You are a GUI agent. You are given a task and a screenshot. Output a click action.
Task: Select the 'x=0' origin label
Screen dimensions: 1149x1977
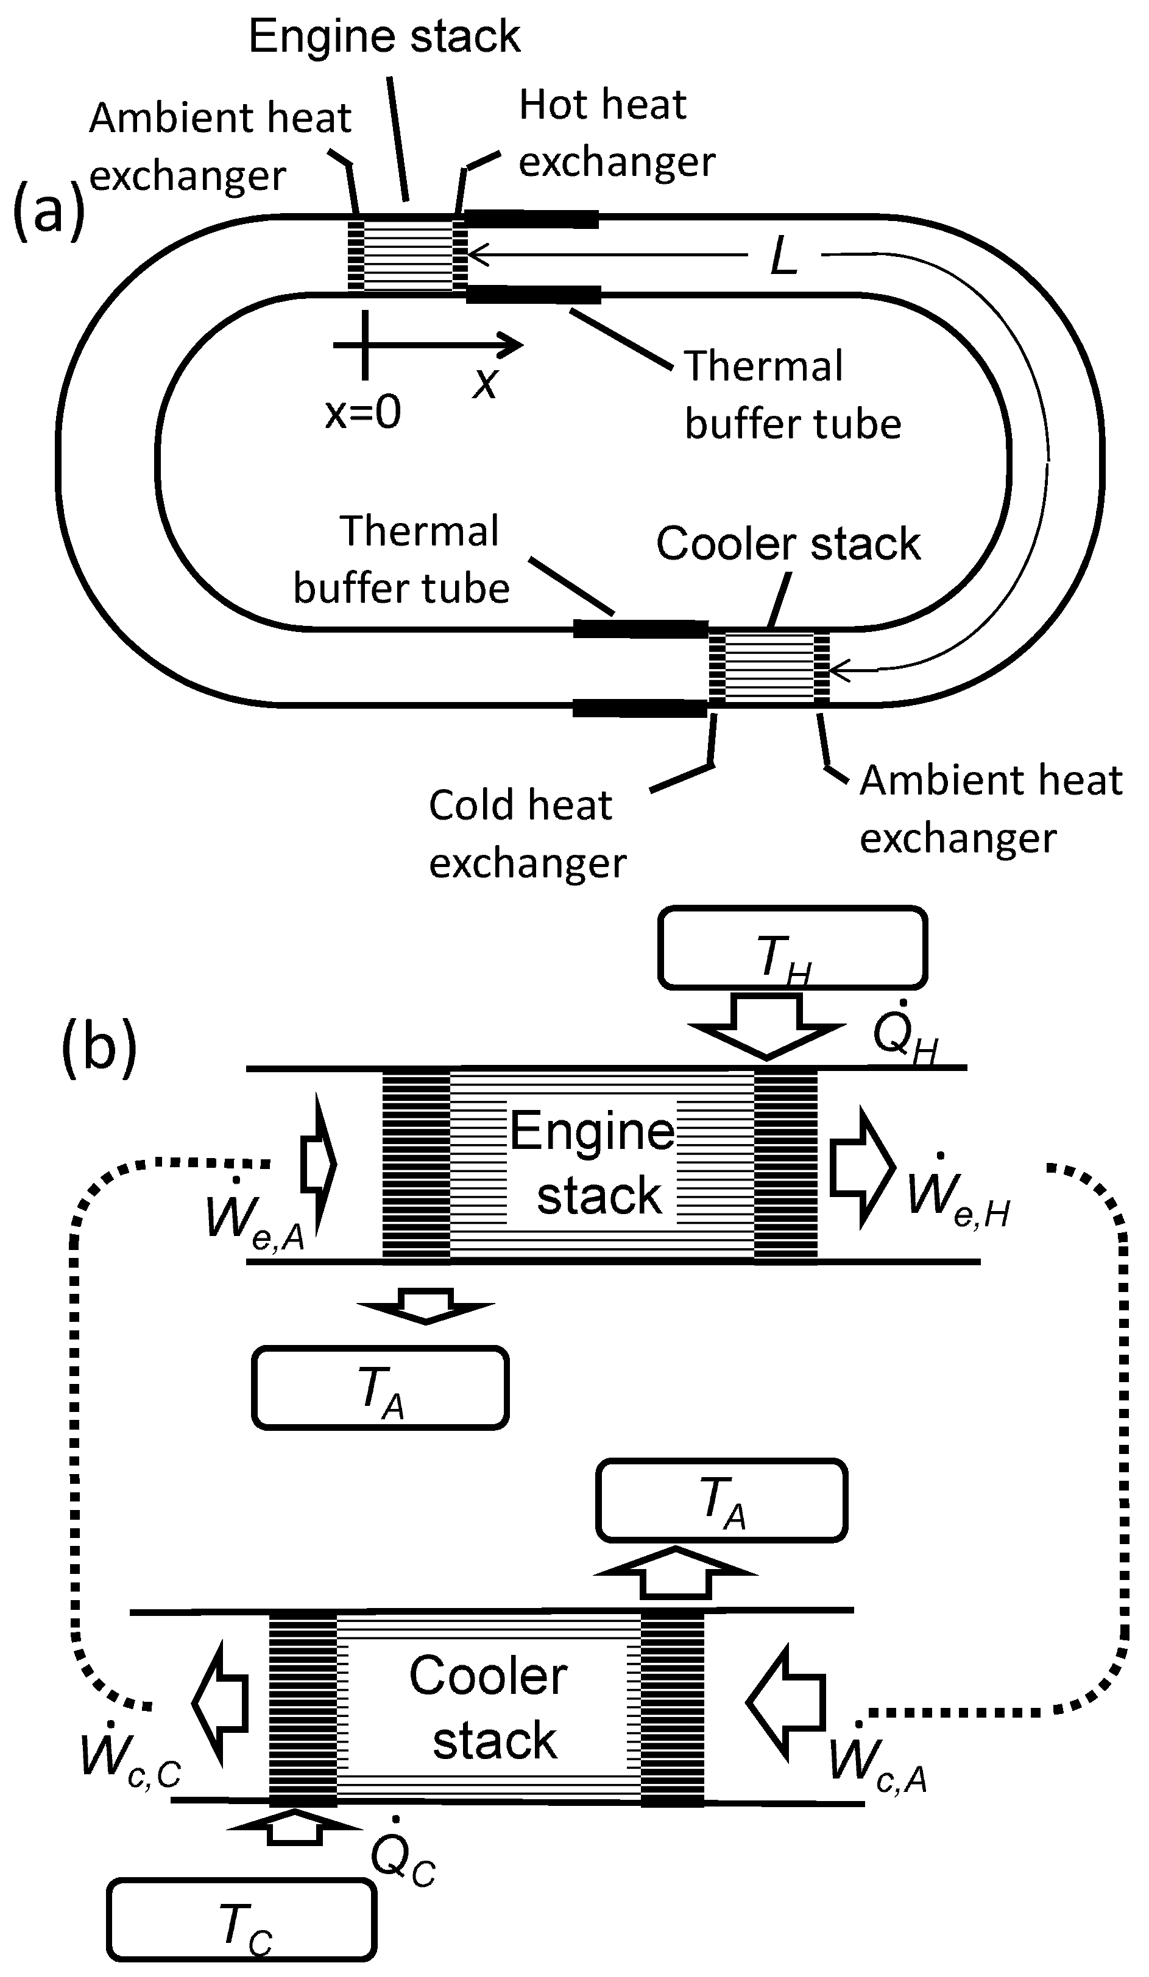coord(363,411)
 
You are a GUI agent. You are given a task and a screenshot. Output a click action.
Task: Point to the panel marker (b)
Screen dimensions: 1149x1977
coord(99,1047)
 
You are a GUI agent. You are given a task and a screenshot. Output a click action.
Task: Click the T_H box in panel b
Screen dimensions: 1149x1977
coord(792,947)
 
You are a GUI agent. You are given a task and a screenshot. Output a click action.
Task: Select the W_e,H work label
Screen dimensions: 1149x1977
coord(958,1193)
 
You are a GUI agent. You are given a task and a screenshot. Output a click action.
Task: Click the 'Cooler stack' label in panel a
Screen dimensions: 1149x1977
coord(788,544)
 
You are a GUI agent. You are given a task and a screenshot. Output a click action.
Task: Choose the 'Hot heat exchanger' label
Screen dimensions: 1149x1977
coord(617,133)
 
